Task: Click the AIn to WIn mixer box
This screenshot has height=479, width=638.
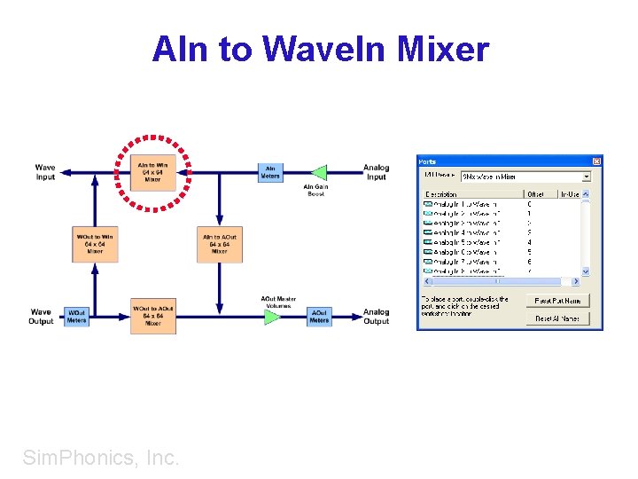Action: click(152, 171)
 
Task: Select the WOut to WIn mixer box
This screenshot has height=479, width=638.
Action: click(95, 244)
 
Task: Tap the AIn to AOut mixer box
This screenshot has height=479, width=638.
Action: click(219, 244)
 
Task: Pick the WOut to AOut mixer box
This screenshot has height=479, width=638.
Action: click(153, 316)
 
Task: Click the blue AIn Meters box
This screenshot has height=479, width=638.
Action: click(270, 172)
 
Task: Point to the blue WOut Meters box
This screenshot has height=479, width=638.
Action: click(77, 316)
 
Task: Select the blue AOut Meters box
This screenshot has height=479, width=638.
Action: click(319, 316)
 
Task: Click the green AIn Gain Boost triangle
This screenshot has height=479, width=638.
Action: click(318, 172)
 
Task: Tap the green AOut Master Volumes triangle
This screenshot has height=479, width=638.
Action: click(272, 316)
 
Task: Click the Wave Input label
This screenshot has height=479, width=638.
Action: click(45, 172)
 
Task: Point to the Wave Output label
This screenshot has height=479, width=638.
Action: click(42, 316)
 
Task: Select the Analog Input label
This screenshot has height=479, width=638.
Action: click(376, 172)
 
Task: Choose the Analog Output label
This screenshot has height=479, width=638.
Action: click(376, 316)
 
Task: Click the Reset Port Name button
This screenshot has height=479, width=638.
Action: click(556, 301)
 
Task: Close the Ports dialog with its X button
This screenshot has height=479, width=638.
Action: click(596, 161)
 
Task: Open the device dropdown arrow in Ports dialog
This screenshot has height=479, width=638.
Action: click(586, 177)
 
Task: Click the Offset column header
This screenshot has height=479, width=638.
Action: click(536, 193)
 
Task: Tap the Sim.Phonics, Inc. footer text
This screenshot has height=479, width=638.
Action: click(101, 458)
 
